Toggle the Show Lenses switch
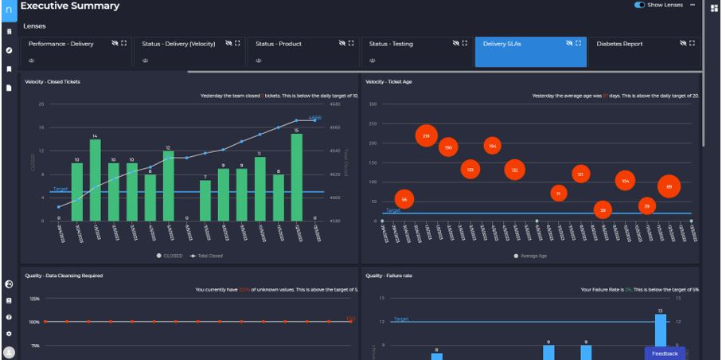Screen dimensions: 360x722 (x=640, y=5)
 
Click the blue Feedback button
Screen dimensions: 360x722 (x=665, y=353)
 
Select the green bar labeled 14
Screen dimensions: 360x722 (x=96, y=181)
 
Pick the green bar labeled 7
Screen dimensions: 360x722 (x=205, y=200)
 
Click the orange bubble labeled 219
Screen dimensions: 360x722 (x=427, y=135)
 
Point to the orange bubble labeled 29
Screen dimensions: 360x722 (x=603, y=210)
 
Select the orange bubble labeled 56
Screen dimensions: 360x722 (x=404, y=199)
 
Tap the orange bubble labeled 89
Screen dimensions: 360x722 (x=669, y=186)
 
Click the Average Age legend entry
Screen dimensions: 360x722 (x=534, y=256)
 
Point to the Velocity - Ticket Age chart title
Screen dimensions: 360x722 (x=388, y=81)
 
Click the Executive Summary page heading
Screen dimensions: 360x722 (x=70, y=6)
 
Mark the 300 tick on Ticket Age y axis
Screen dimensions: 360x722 (x=373, y=104)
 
